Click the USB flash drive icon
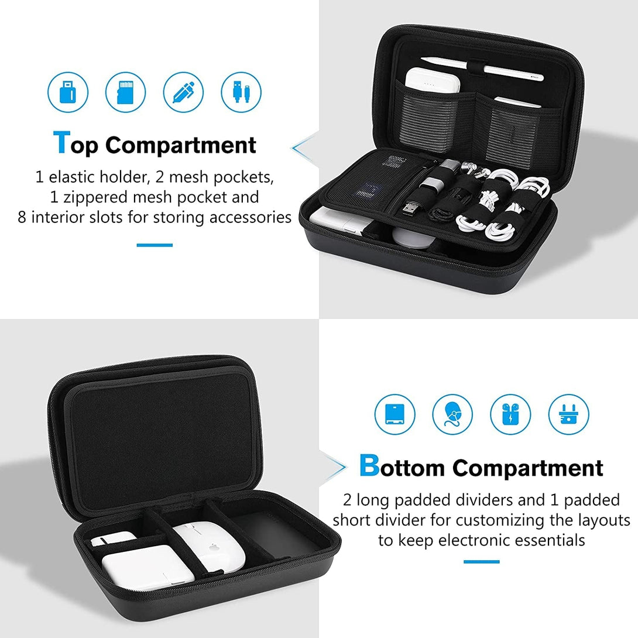(67, 92)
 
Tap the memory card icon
(125, 92)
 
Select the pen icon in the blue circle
(183, 92)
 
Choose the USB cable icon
(241, 92)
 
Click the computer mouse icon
(452, 414)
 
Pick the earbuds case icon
(510, 414)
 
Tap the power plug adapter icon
(568, 414)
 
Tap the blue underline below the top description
(155, 245)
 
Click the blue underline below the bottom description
(481, 561)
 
